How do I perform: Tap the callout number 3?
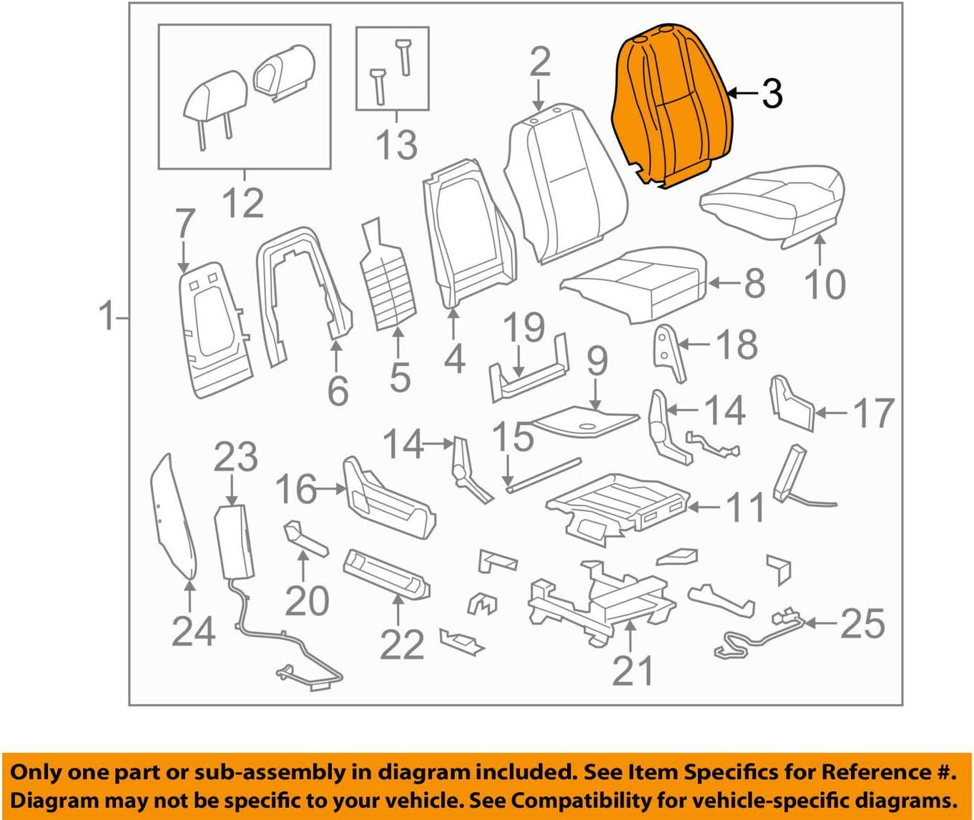772,94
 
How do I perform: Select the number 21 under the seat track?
633,671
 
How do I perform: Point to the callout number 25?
862,623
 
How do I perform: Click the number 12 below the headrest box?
243,202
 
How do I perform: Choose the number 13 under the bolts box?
396,144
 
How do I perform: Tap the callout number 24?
194,631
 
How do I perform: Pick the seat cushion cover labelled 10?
772,205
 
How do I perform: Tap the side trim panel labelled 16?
390,498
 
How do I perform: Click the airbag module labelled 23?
234,542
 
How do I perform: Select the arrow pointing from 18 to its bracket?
694,345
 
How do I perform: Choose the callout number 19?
524,327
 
